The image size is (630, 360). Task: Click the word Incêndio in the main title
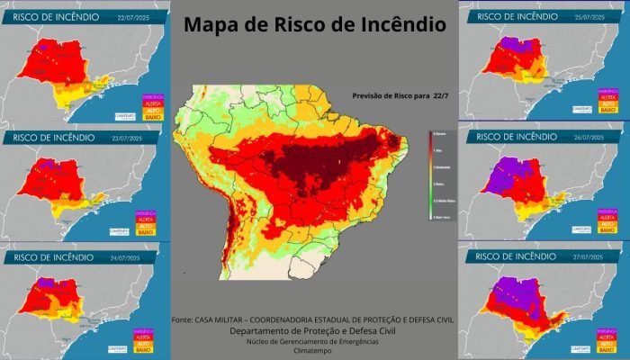click(x=400, y=25)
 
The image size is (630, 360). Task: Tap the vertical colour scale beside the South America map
click(x=432, y=175)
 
